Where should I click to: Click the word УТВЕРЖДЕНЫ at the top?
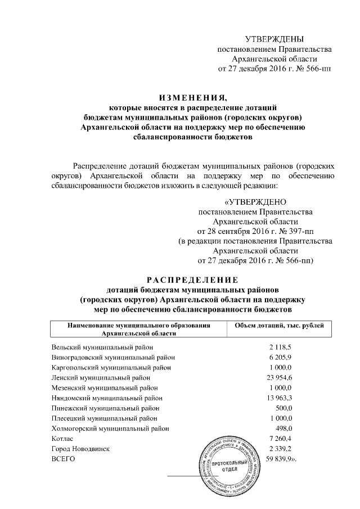(274, 38)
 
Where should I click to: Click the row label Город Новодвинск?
(80, 449)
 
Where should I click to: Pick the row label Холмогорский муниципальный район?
(110, 428)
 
